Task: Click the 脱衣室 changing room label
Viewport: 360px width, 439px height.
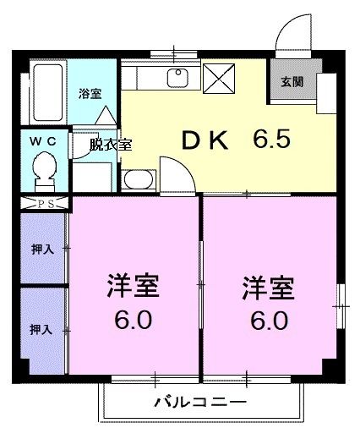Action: click(x=111, y=144)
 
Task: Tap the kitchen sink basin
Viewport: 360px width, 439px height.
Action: click(x=177, y=79)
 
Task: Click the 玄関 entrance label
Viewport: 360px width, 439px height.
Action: click(x=292, y=82)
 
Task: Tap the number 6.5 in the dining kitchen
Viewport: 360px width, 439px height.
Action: click(x=270, y=138)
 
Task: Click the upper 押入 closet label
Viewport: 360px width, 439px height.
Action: click(x=41, y=250)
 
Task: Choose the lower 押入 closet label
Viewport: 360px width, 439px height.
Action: click(x=41, y=328)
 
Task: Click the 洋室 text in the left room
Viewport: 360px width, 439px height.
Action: click(x=134, y=286)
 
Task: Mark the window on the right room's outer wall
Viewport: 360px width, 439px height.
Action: click(x=340, y=296)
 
